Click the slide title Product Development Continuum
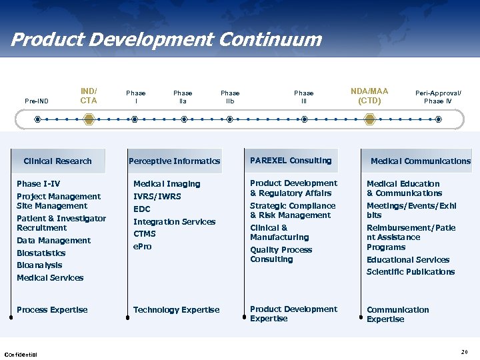click(166, 39)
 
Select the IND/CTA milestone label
click(89, 96)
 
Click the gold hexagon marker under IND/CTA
click(89, 119)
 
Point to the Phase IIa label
click(182, 97)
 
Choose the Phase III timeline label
click(303, 97)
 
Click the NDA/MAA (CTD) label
click(369, 96)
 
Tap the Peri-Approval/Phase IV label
click(438, 97)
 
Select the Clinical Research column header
click(57, 161)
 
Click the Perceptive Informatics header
click(174, 161)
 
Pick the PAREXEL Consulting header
click(290, 161)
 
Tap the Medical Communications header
click(420, 161)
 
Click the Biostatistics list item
click(41, 253)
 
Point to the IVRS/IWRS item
click(157, 197)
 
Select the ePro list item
click(142, 247)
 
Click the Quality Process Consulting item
click(281, 255)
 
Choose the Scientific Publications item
click(410, 272)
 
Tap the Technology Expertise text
click(176, 310)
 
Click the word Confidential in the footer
click(21, 354)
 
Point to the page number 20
click(464, 351)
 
